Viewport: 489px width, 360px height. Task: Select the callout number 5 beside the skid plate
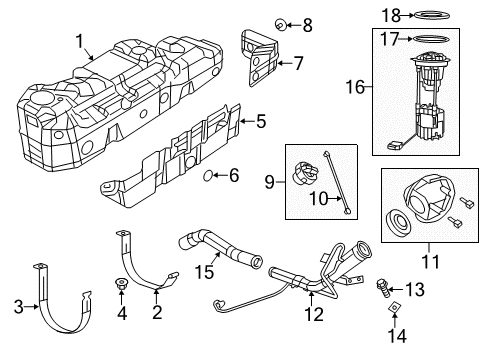(x=260, y=123)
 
